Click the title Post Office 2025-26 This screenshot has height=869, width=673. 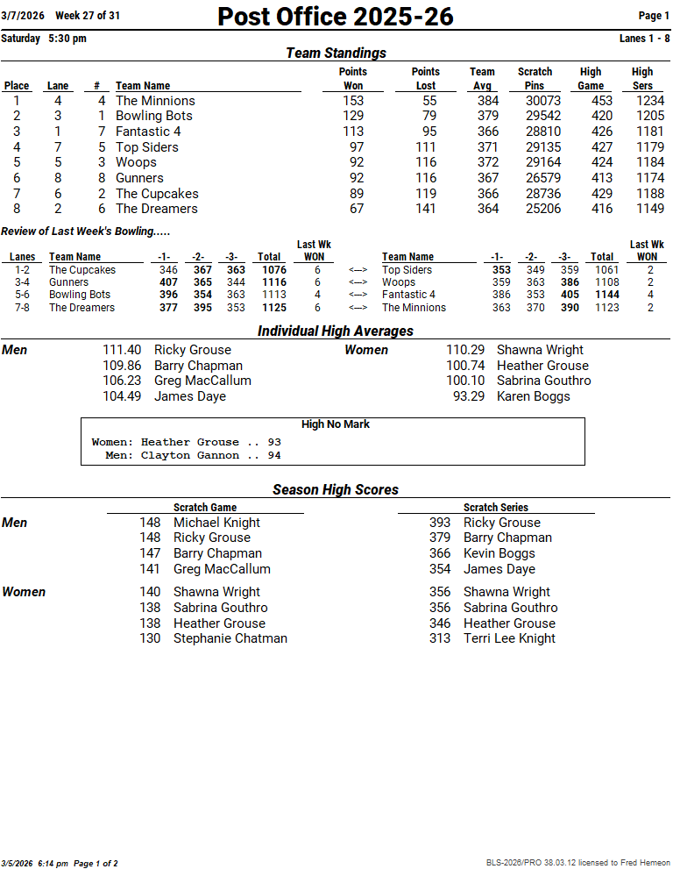(x=336, y=17)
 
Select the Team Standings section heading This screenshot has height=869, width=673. (x=336, y=53)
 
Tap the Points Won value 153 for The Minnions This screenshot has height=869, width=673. (x=353, y=101)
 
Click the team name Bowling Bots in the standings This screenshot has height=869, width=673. (x=154, y=116)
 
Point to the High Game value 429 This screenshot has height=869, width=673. (x=602, y=194)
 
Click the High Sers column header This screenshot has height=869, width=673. (x=642, y=79)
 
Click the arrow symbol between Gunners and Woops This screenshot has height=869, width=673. (x=358, y=282)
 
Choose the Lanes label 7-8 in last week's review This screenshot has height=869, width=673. (x=22, y=308)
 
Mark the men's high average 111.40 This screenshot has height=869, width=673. (x=122, y=350)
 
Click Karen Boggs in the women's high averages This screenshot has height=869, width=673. (x=533, y=396)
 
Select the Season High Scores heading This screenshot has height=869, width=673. (x=336, y=490)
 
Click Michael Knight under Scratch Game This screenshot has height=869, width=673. (x=216, y=523)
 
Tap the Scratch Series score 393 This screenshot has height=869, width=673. (x=440, y=523)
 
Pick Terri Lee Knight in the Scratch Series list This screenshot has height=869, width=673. (x=509, y=638)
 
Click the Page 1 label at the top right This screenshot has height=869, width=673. (x=655, y=16)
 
